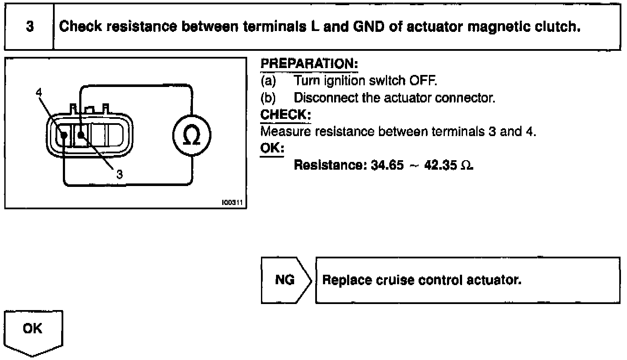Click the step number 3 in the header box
coord(29,26)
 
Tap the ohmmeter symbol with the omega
coord(191,136)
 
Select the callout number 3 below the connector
coord(120,174)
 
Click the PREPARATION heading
coord(309,64)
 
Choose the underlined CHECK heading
coord(286,115)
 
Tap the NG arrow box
coord(285,280)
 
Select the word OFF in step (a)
coord(414,81)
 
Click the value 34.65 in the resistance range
coord(388,166)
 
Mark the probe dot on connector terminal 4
coord(64,135)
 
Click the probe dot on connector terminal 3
coord(81,135)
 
